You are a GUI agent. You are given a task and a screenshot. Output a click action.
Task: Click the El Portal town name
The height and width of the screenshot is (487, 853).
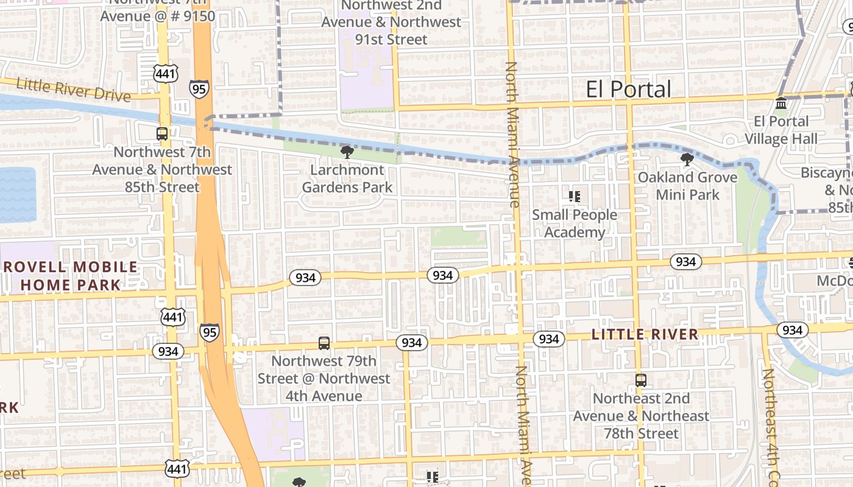628,89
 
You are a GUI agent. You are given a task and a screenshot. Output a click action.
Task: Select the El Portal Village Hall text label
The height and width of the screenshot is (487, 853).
781,130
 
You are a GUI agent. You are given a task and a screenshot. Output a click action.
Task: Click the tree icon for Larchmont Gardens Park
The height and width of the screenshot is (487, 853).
347,152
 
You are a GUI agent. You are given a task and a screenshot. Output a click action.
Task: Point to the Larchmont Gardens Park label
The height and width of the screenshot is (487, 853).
347,178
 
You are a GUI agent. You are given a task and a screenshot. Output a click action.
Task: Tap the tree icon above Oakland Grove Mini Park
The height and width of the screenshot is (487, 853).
687,160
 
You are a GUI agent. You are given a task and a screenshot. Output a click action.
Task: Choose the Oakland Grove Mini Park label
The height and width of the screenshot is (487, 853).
687,186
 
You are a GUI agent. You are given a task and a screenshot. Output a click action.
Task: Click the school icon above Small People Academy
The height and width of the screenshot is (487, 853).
574,196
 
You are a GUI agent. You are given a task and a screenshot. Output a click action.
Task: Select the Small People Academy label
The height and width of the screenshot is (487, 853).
575,223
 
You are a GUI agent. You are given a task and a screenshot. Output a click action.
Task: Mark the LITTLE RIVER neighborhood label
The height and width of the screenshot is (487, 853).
645,334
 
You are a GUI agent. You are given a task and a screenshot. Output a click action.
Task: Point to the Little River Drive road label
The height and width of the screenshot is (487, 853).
73,90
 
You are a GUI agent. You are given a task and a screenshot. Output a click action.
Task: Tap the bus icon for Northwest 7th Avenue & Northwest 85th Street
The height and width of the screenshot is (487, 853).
162,133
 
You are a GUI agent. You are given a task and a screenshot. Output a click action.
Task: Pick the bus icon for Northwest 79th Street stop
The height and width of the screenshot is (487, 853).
324,343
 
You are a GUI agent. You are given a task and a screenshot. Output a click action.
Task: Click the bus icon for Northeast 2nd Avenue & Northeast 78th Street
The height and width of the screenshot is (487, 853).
640,380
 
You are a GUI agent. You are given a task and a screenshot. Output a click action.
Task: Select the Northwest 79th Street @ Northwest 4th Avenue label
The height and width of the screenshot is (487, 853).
324,378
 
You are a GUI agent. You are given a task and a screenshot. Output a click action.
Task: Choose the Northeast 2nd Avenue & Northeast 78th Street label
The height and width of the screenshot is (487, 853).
641,416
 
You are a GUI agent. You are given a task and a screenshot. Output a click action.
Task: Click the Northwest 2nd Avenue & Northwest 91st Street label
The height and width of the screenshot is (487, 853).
391,23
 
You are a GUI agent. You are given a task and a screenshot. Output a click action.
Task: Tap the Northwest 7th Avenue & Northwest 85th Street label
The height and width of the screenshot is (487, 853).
162,169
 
